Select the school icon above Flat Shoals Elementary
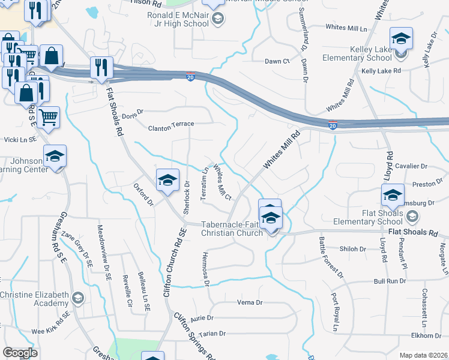(393, 196)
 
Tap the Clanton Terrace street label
(172, 124)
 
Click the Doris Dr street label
(133, 112)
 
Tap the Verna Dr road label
(251, 302)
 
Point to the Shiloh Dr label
(354, 248)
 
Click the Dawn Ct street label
(277, 61)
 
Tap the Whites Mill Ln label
(346, 28)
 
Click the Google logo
(20, 353)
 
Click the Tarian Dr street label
(212, 334)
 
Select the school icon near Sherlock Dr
(167, 179)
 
